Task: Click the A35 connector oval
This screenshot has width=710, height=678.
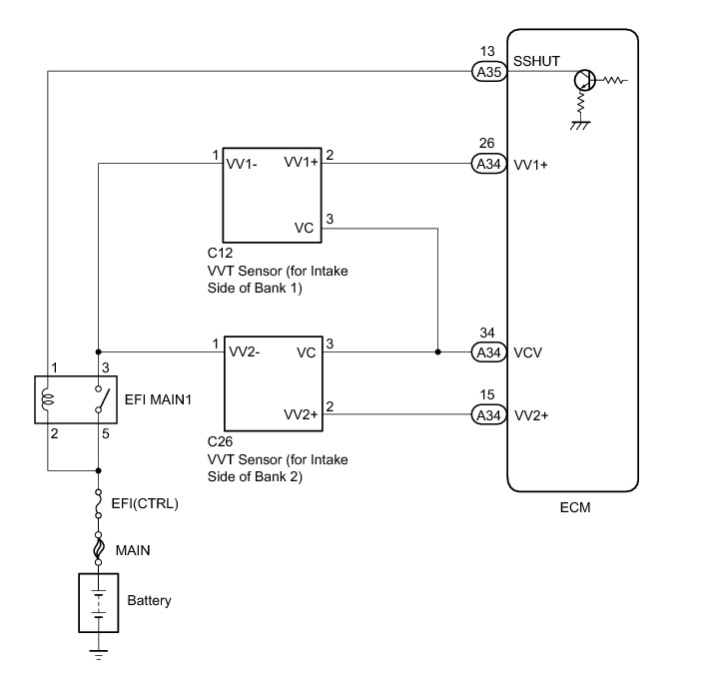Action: coord(489,72)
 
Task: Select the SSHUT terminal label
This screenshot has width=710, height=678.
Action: coord(536,61)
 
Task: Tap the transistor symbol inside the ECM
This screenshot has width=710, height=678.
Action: coord(584,81)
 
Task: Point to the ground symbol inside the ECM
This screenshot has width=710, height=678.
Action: coord(580,125)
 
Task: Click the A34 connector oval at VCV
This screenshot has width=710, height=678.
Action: coord(488,352)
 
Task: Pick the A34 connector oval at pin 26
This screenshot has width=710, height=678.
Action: coord(488,164)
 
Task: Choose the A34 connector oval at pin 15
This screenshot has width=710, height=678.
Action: coord(488,414)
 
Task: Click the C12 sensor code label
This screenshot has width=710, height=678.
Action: coord(220,253)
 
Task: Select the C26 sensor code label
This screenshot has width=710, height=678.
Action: coord(220,441)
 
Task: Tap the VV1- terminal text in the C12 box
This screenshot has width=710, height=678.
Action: coord(242,164)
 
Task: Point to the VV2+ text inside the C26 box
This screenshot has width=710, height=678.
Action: coord(301,414)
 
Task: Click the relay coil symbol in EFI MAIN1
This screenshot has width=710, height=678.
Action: coord(47,400)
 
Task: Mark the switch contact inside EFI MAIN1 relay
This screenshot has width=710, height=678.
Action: coord(102,399)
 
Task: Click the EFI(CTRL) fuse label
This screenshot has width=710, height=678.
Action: coord(145,503)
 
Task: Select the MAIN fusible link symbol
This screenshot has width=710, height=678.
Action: coord(98,548)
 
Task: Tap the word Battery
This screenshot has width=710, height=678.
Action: coord(149,600)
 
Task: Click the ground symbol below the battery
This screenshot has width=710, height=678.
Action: coord(98,655)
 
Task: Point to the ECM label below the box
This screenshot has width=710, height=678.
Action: coord(575,507)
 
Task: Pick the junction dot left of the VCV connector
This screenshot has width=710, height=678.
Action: coord(437,351)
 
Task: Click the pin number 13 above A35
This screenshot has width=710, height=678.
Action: coord(487,51)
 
